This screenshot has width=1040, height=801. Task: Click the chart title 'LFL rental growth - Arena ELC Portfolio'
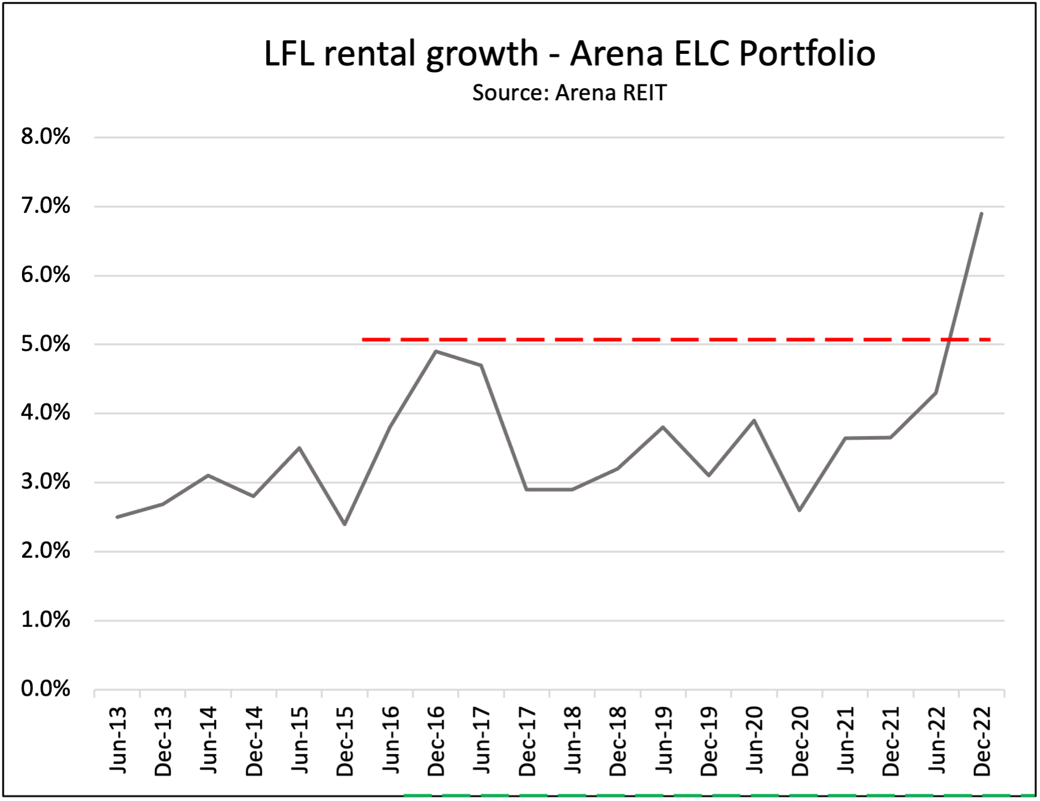[x=569, y=53]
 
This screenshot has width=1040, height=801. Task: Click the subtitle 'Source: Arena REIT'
[x=569, y=93]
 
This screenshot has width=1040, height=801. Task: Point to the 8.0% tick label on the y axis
[x=45, y=136]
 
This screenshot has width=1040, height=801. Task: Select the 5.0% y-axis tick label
[x=45, y=344]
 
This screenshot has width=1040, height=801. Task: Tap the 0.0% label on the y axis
[x=45, y=689]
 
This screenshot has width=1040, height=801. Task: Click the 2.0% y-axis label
[x=45, y=551]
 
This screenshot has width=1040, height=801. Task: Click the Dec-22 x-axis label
[x=982, y=741]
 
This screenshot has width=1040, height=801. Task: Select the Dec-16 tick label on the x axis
[x=436, y=741]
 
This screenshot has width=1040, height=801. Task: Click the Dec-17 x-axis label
[x=527, y=741]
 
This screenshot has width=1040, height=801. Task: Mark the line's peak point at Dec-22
[x=981, y=213]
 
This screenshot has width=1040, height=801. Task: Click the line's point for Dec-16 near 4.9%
[x=436, y=351]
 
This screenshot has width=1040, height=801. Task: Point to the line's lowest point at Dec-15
[x=344, y=524]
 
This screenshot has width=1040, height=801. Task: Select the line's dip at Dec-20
[x=800, y=510]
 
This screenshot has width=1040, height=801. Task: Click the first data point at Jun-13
[x=117, y=517]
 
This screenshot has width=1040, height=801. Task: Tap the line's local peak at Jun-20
[x=754, y=420]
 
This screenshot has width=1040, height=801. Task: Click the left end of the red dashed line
[x=363, y=339]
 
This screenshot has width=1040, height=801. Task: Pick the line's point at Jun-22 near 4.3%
[x=936, y=393]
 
